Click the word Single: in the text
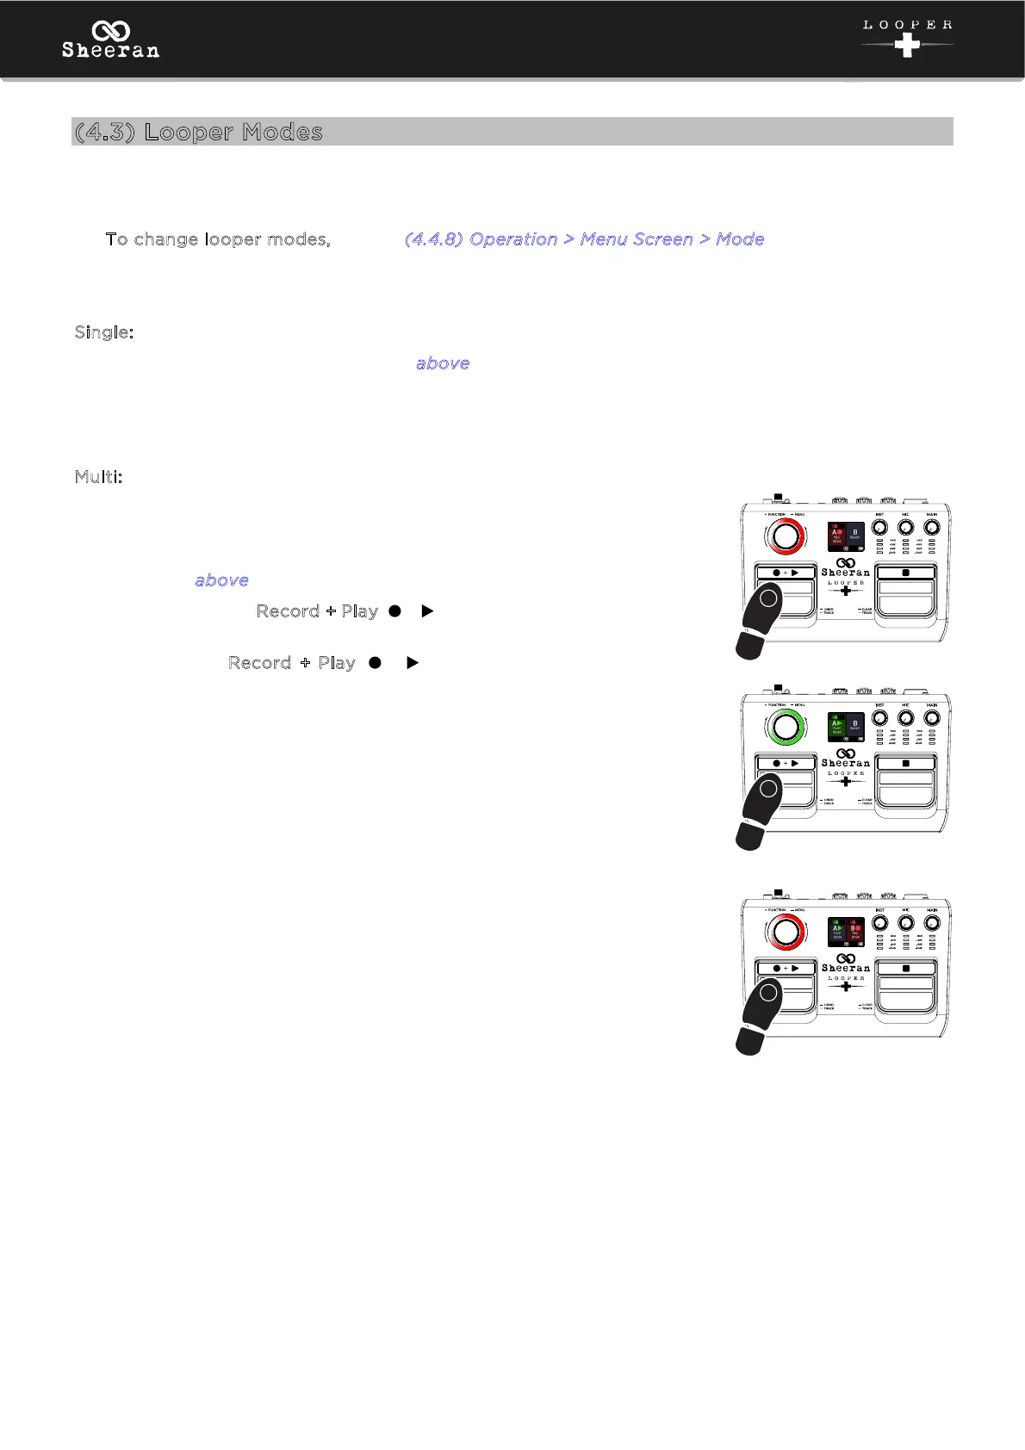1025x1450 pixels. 104,332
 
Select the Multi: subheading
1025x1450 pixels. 98,477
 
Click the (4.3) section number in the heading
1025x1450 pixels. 104,132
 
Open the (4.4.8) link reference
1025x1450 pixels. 434,239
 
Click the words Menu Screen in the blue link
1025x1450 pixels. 637,239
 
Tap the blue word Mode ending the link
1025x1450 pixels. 740,239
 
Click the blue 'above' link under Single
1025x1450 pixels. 443,363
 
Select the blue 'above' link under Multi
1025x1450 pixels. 221,580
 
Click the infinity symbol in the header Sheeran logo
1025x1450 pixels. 110,31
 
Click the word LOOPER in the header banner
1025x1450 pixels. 907,25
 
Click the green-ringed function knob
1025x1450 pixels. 786,728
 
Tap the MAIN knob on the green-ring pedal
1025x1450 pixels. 931,718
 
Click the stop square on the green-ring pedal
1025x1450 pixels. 906,764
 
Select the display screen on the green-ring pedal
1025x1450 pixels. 845,728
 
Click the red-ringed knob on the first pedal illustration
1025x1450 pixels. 786,536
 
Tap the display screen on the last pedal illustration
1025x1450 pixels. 845,933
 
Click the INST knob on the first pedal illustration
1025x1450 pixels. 879,527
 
